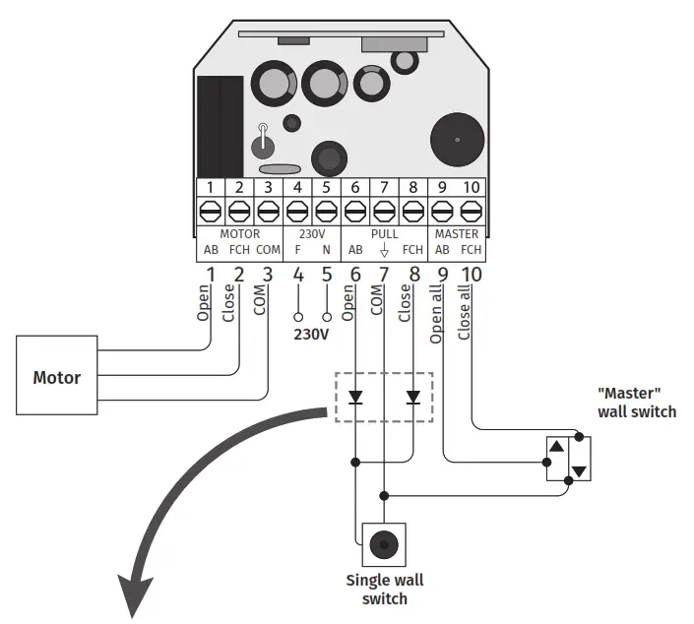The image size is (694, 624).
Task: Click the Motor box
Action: [x=56, y=377]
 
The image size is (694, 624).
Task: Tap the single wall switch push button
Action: [x=384, y=542]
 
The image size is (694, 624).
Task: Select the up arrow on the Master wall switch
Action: [x=556, y=447]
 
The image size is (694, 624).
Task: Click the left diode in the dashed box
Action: [x=354, y=399]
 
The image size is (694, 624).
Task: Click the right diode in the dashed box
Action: [x=413, y=399]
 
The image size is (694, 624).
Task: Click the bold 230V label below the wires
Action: [x=312, y=335]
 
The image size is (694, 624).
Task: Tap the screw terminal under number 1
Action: [x=210, y=211]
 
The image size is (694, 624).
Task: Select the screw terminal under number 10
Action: [x=471, y=211]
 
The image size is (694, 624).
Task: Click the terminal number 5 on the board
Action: [x=326, y=187]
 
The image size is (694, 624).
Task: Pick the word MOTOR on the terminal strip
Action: [x=239, y=234]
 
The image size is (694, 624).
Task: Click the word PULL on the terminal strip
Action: [x=384, y=234]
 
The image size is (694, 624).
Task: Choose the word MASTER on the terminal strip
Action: [x=457, y=234]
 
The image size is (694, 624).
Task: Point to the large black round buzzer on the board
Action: [x=457, y=139]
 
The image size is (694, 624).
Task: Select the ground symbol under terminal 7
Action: [x=384, y=251]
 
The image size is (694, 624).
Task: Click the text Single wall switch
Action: [x=383, y=590]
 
